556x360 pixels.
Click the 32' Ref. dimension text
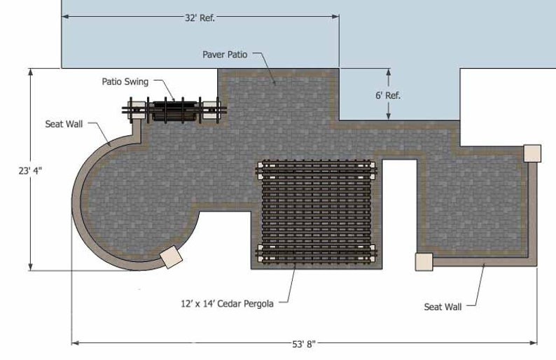tap(200, 18)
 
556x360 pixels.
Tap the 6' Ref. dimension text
tap(388, 95)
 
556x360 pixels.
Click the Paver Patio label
tap(225, 54)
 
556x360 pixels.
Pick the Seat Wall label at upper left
tap(64, 124)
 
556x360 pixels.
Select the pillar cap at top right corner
tap(532, 153)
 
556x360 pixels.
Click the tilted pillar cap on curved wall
tap(170, 257)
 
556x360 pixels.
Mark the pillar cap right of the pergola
tap(424, 261)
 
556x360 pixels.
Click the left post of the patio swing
tap(137, 110)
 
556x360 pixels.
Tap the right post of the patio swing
tap(211, 110)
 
